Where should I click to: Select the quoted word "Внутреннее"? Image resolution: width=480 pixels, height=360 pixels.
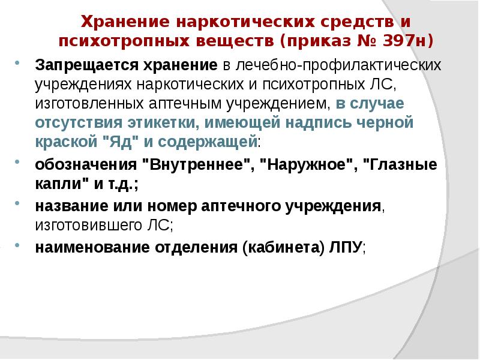click(x=206, y=166)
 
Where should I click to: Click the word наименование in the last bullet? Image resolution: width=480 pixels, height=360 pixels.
click(x=86, y=248)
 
